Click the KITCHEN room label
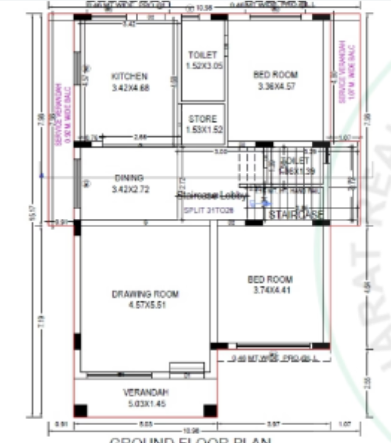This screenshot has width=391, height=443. (x=129, y=77)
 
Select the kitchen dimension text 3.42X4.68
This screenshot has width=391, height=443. (x=130, y=88)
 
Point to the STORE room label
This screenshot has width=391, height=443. (x=202, y=119)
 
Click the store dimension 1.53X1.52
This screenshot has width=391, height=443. (x=202, y=129)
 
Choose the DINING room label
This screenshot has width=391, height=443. (x=129, y=178)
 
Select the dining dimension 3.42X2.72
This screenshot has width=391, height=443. (x=130, y=189)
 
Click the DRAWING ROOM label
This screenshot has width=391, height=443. (x=145, y=294)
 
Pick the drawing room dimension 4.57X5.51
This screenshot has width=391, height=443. (x=145, y=305)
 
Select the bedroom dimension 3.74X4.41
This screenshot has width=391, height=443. (x=270, y=290)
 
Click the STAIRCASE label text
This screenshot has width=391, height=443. (x=296, y=214)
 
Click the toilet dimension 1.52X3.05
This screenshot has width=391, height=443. (x=204, y=65)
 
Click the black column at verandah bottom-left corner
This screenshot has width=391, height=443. (x=80, y=411)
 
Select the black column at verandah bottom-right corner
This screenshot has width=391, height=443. (x=210, y=411)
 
